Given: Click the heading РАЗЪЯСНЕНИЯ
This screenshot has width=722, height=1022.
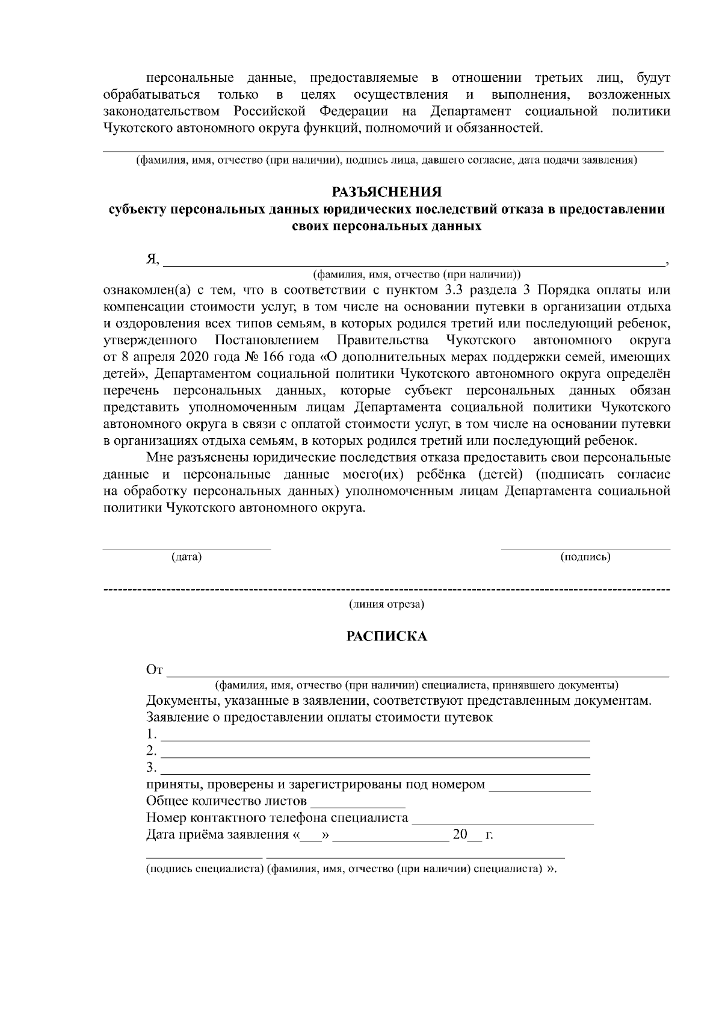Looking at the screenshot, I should click(x=387, y=192).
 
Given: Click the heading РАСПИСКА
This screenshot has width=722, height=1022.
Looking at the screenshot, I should click(x=387, y=637).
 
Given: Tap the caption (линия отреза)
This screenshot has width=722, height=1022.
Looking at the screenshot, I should click(x=387, y=604).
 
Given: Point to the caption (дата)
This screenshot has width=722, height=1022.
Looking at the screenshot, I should click(x=187, y=557).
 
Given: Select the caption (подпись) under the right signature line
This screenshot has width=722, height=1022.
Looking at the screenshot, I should click(x=585, y=557).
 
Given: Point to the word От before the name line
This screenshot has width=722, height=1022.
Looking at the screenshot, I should click(x=154, y=670).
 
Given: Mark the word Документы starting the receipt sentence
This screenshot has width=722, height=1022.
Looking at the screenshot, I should click(x=180, y=701).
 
